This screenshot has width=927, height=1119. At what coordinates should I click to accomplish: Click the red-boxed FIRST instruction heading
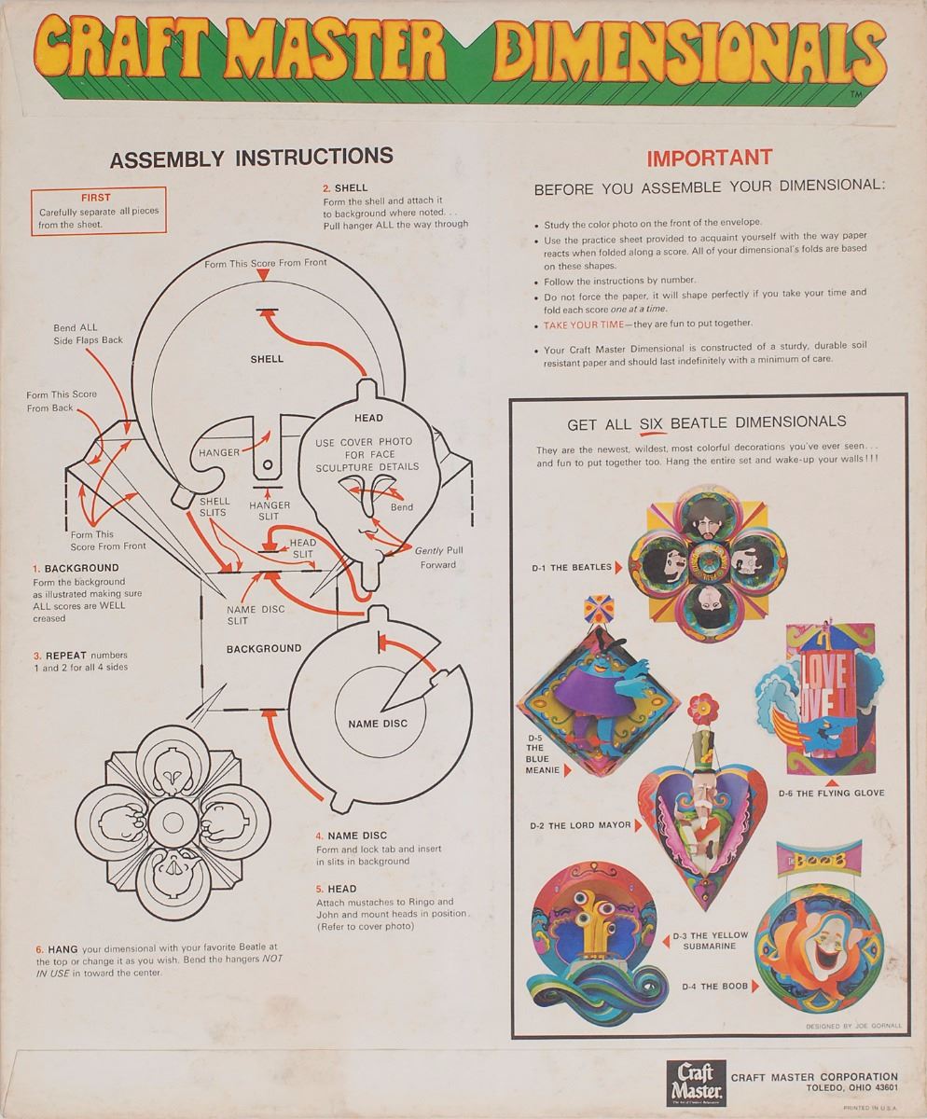(x=96, y=198)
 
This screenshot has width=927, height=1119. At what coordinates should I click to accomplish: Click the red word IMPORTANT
(x=710, y=158)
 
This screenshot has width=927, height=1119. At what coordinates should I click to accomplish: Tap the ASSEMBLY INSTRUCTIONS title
(x=252, y=158)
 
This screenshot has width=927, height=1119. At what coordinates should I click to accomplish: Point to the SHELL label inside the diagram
(x=267, y=358)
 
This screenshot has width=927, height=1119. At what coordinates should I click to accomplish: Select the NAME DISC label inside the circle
(x=378, y=723)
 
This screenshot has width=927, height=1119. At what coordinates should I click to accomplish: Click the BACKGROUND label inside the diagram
(x=264, y=648)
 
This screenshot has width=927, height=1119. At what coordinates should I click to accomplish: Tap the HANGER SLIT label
(x=270, y=510)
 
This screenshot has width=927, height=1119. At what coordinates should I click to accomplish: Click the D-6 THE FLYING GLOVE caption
(x=831, y=794)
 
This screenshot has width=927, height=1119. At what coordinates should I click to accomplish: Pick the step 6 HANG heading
(x=60, y=947)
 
